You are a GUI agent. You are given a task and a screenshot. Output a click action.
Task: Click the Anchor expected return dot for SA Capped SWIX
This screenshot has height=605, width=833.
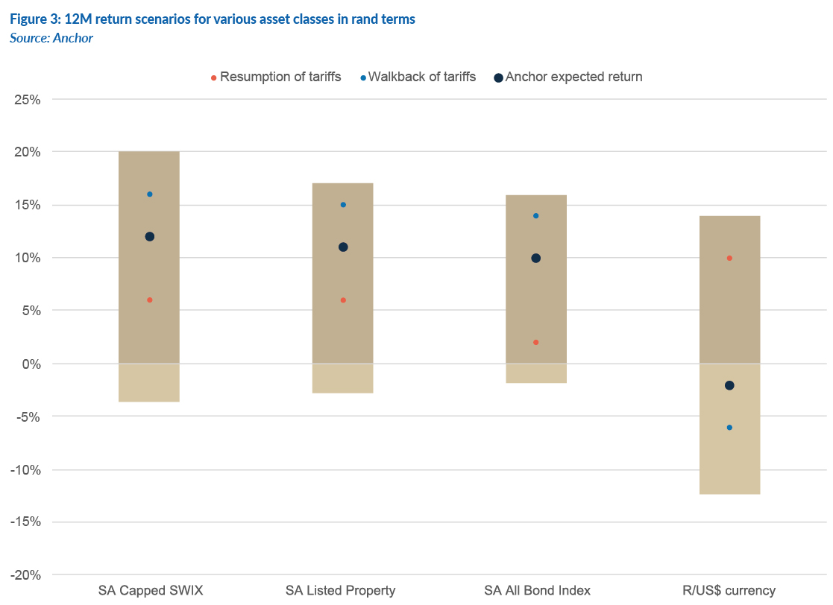click(149, 237)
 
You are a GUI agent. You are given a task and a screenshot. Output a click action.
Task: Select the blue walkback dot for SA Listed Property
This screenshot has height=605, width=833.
click(343, 205)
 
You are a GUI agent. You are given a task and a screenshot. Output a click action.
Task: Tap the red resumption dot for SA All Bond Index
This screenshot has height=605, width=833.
click(535, 343)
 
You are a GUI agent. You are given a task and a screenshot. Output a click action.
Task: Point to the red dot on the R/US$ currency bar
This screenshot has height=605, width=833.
click(729, 259)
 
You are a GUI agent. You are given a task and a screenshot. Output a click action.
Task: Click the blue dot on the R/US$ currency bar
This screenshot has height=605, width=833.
click(729, 428)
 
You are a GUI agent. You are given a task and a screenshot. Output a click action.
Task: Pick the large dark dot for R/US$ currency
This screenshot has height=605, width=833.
click(729, 385)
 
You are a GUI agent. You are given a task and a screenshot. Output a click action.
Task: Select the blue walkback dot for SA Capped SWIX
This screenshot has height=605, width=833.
click(149, 194)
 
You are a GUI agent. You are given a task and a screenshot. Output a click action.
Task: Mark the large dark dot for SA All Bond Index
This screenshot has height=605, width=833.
click(535, 259)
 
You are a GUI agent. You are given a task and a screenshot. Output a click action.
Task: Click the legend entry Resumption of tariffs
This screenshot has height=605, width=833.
click(280, 77)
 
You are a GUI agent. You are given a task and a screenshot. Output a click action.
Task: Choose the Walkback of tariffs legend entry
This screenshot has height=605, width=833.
click(421, 77)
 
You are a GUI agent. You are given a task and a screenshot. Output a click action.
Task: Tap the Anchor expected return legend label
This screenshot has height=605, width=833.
click(573, 77)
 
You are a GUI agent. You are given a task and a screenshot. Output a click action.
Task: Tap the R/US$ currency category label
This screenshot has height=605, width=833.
click(729, 591)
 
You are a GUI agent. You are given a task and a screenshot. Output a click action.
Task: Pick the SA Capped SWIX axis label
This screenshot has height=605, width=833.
click(149, 591)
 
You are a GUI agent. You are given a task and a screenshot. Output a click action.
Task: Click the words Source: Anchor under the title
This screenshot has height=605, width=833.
click(51, 38)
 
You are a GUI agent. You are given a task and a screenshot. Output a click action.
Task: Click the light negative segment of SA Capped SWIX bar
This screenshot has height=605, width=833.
click(149, 383)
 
